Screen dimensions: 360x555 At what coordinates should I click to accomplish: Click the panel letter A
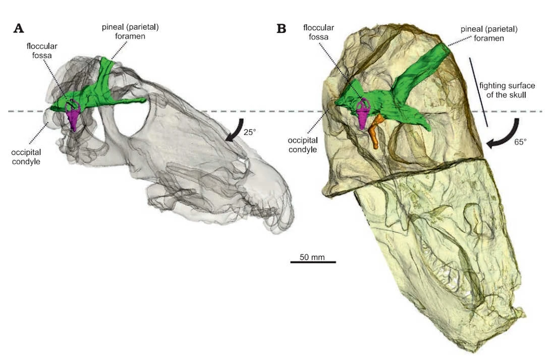click(18, 28)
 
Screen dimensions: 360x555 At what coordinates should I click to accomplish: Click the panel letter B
click(282, 28)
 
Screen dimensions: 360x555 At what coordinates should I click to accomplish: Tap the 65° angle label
click(520, 142)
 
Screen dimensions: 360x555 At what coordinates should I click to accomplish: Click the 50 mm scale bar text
click(312, 256)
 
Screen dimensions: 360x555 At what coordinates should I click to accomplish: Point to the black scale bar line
click(313, 262)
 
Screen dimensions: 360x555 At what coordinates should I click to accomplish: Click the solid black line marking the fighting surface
click(479, 91)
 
